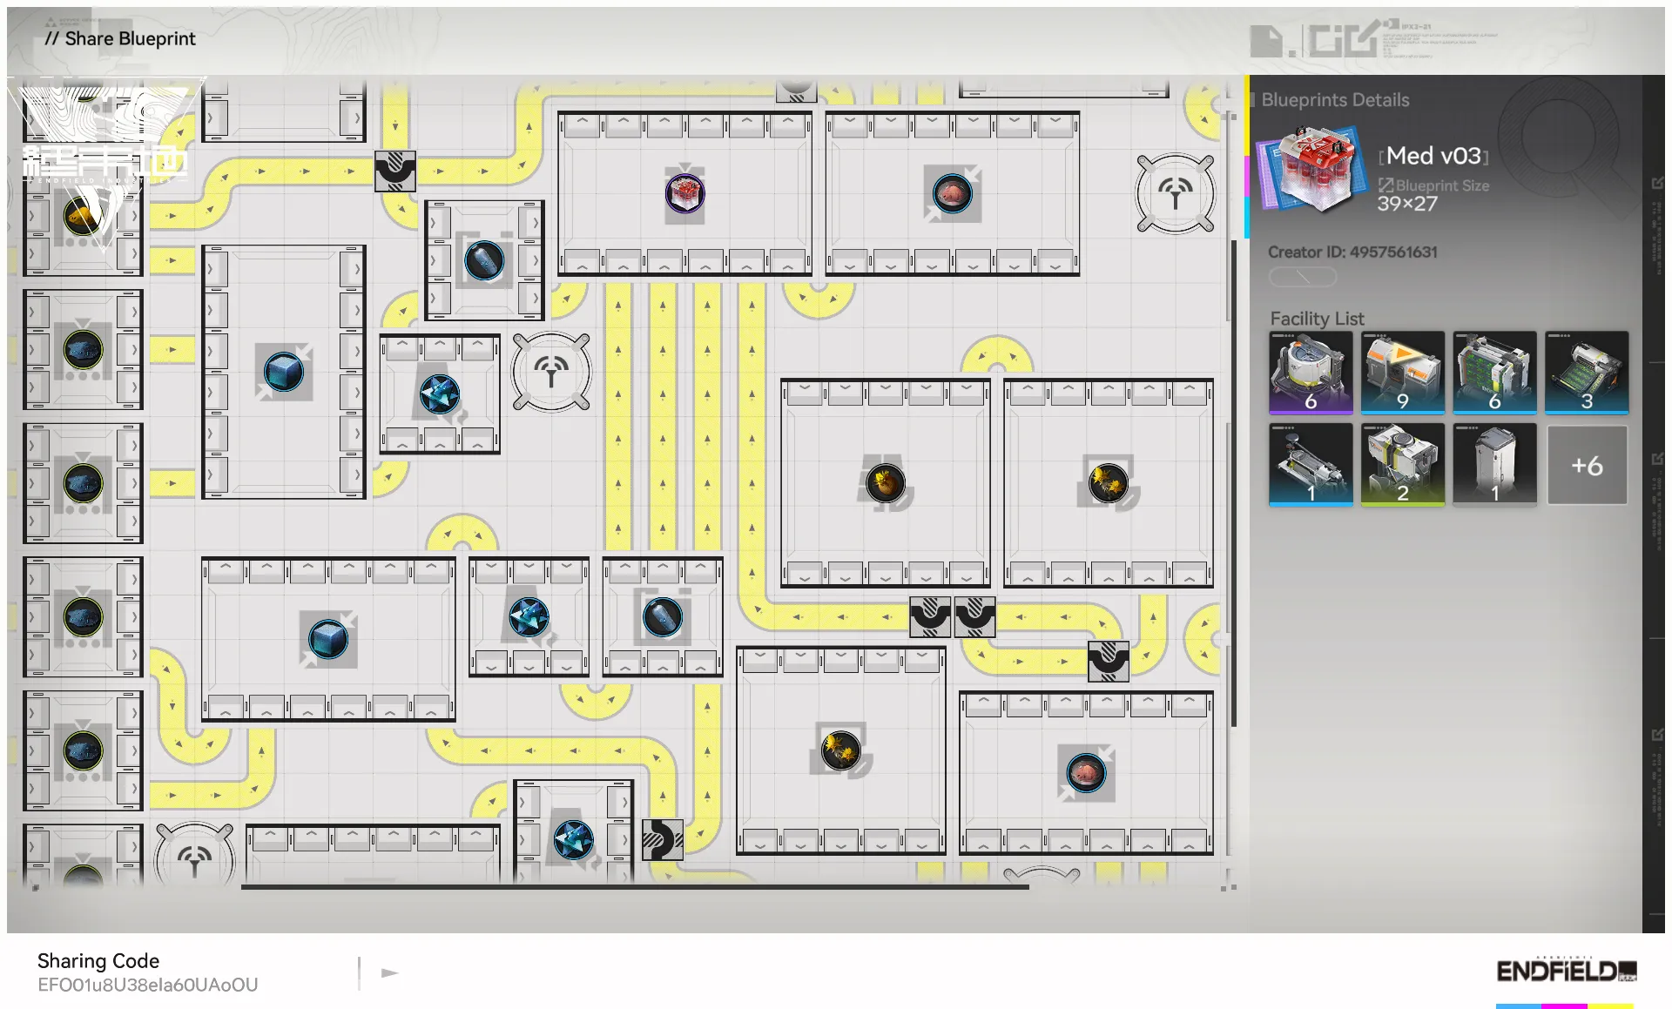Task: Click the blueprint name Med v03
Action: pyautogui.click(x=1433, y=156)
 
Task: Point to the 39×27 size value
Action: pyautogui.click(x=1406, y=204)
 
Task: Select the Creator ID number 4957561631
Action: pyautogui.click(x=1393, y=252)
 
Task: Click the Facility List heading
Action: pyautogui.click(x=1317, y=319)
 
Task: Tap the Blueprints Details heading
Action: pyautogui.click(x=1335, y=100)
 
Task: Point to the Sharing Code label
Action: pyautogui.click(x=98, y=960)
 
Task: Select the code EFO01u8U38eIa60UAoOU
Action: pyautogui.click(x=148, y=985)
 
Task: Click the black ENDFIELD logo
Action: pyautogui.click(x=1566, y=971)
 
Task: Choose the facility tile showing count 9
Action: pyautogui.click(x=1402, y=372)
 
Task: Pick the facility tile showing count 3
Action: pyautogui.click(x=1586, y=372)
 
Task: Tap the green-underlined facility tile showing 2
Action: pyautogui.click(x=1402, y=464)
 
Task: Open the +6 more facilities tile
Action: pyautogui.click(x=1586, y=465)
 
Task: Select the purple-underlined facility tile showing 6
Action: pyautogui.click(x=1311, y=372)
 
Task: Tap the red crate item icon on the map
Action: pyautogui.click(x=685, y=192)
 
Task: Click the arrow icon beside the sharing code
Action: pyautogui.click(x=389, y=972)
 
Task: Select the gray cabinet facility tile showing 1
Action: pyautogui.click(x=1494, y=464)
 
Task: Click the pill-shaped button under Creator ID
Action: pyautogui.click(x=1302, y=277)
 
